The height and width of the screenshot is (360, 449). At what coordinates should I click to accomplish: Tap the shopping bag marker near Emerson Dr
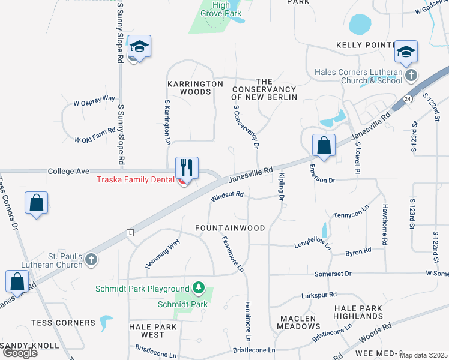click(324, 145)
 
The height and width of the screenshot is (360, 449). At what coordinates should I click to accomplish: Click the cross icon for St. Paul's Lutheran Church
click(91, 259)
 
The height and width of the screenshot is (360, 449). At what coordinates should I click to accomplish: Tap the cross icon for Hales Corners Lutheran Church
click(411, 76)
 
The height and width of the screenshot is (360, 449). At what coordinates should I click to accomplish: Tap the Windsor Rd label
click(227, 196)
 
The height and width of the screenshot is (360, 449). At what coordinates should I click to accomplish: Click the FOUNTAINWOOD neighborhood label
click(231, 228)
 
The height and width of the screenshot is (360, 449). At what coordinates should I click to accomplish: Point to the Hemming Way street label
click(163, 254)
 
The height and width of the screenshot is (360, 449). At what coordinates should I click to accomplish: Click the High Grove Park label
click(221, 8)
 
